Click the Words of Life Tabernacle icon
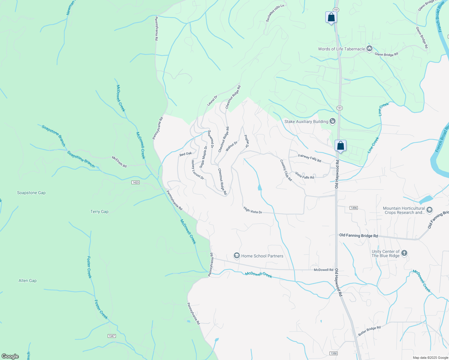point(369,49)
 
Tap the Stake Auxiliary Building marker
point(333,121)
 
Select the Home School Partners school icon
point(237,256)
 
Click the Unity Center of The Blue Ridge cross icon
point(404,253)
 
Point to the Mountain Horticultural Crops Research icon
point(429,210)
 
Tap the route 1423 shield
point(136,182)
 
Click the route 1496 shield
point(354,208)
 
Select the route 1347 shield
point(112,336)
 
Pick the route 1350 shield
point(333,353)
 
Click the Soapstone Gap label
point(31,193)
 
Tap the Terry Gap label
point(99,211)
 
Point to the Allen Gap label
point(28,280)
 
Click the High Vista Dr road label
point(253,210)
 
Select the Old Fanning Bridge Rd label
point(358,235)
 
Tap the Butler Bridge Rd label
point(369,331)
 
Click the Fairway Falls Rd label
point(310,158)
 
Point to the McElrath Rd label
point(119,161)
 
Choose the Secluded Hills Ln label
point(275,13)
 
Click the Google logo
point(10,356)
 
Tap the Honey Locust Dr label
point(198,170)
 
